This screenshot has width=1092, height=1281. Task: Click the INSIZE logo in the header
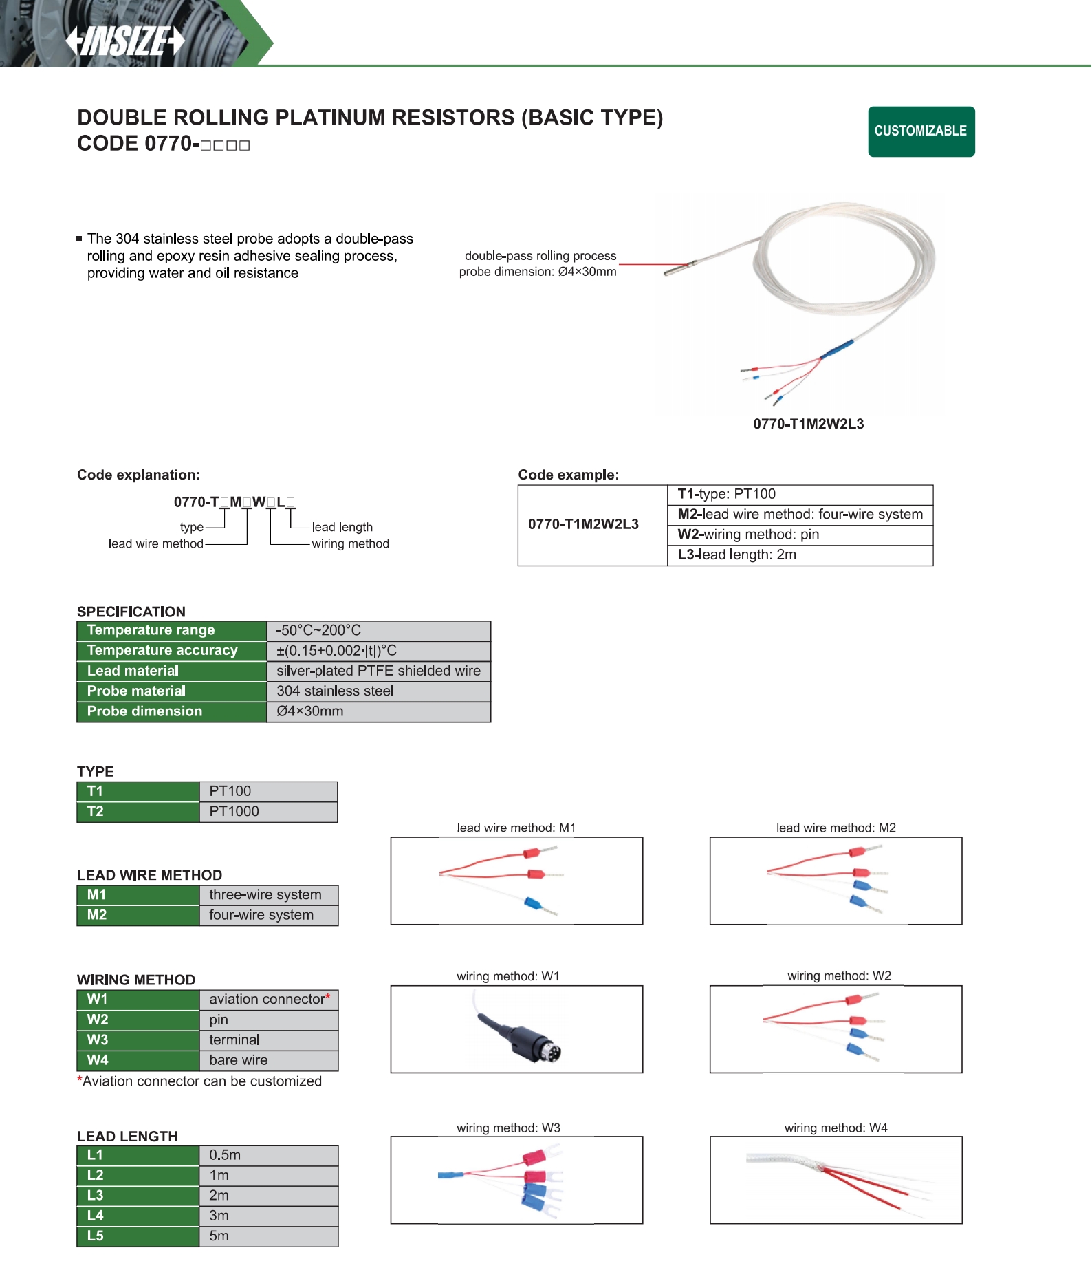pos(125,41)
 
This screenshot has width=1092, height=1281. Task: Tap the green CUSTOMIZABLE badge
pos(921,131)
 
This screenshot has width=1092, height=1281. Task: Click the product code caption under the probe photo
pos(808,424)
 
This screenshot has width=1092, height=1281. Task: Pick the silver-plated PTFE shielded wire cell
pos(378,671)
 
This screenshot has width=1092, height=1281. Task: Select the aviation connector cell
pos(268,1000)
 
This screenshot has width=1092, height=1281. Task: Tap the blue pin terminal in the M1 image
pos(532,903)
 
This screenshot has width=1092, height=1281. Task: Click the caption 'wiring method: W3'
pos(508,1128)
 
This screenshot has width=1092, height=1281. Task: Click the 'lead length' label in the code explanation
pos(342,528)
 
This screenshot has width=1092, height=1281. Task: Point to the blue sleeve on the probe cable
pos(837,349)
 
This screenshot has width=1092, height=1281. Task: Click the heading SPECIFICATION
pos(131,612)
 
